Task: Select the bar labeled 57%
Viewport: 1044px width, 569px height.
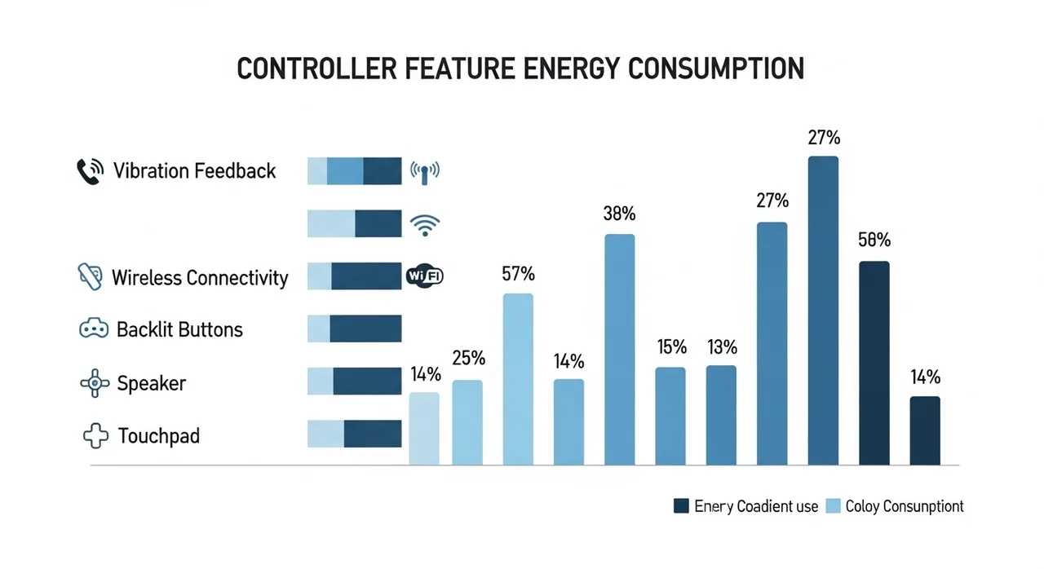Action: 518,379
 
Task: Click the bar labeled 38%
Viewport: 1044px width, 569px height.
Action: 620,350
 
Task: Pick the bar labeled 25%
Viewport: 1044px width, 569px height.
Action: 467,422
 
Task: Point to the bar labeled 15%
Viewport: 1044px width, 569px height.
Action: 670,416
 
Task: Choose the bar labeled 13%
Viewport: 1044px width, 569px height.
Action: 721,415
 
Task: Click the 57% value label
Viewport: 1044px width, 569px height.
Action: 518,274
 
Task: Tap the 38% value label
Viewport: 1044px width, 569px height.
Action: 620,214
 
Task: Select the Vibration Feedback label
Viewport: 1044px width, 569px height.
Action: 195,171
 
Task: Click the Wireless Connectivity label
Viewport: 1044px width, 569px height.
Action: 200,278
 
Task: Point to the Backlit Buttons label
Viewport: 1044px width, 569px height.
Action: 179,329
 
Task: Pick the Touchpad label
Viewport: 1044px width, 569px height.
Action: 159,435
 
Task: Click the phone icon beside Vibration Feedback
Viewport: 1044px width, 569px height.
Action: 89,171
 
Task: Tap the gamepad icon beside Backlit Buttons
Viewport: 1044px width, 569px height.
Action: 93,329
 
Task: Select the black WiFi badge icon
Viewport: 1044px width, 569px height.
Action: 424,276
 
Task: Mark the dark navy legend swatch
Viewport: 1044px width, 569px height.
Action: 682,506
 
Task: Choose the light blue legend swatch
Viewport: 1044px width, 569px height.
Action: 833,506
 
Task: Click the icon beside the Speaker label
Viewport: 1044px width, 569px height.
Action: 95,383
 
